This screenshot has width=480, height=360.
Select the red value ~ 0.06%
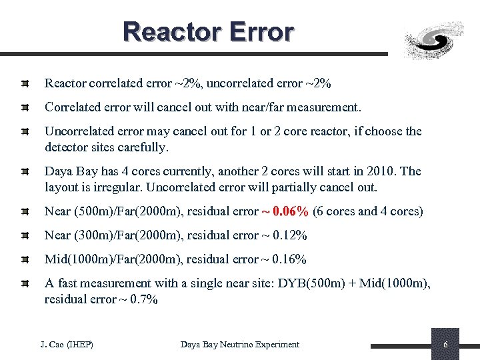285,211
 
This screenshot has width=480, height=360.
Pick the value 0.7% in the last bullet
142,299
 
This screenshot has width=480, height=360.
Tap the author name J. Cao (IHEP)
67,344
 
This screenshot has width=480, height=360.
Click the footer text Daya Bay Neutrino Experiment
240,344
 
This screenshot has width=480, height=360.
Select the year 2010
380,171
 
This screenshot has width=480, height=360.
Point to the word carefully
145,147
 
